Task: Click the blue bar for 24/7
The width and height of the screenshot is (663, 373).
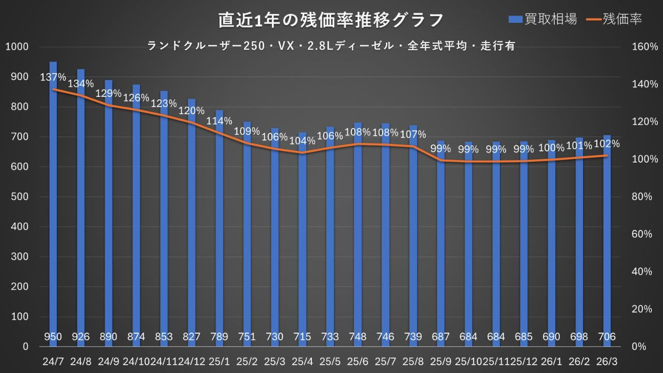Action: click(53, 207)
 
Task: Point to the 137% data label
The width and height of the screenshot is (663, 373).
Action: click(53, 78)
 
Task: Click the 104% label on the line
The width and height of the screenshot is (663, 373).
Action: click(302, 140)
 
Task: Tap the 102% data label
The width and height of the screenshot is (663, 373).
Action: click(607, 144)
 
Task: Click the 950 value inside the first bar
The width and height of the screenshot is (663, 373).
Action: click(53, 337)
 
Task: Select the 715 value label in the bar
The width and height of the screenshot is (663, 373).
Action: click(302, 337)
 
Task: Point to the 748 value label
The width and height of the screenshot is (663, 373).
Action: click(357, 337)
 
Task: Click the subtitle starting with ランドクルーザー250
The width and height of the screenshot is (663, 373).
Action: click(331, 46)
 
